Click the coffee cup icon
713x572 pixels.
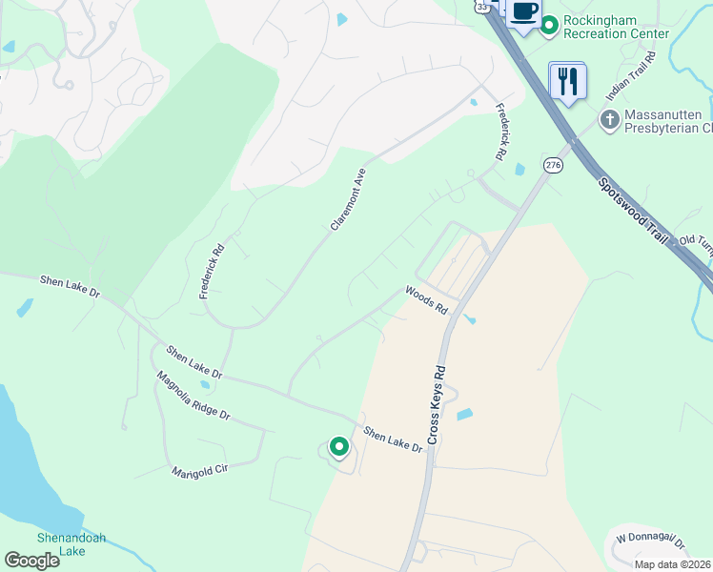tap(523, 12)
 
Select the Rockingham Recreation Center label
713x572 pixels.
tap(615, 26)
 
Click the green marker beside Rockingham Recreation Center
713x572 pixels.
tap(549, 26)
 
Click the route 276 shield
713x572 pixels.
tap(553, 165)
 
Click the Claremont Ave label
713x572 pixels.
tap(348, 199)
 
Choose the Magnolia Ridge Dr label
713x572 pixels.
tap(194, 397)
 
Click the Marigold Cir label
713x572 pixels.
tap(202, 467)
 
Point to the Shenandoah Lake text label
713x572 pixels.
tap(71, 544)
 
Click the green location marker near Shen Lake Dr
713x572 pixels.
tap(338, 446)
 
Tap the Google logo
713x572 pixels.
tap(31, 560)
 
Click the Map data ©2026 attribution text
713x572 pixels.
tap(672, 564)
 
